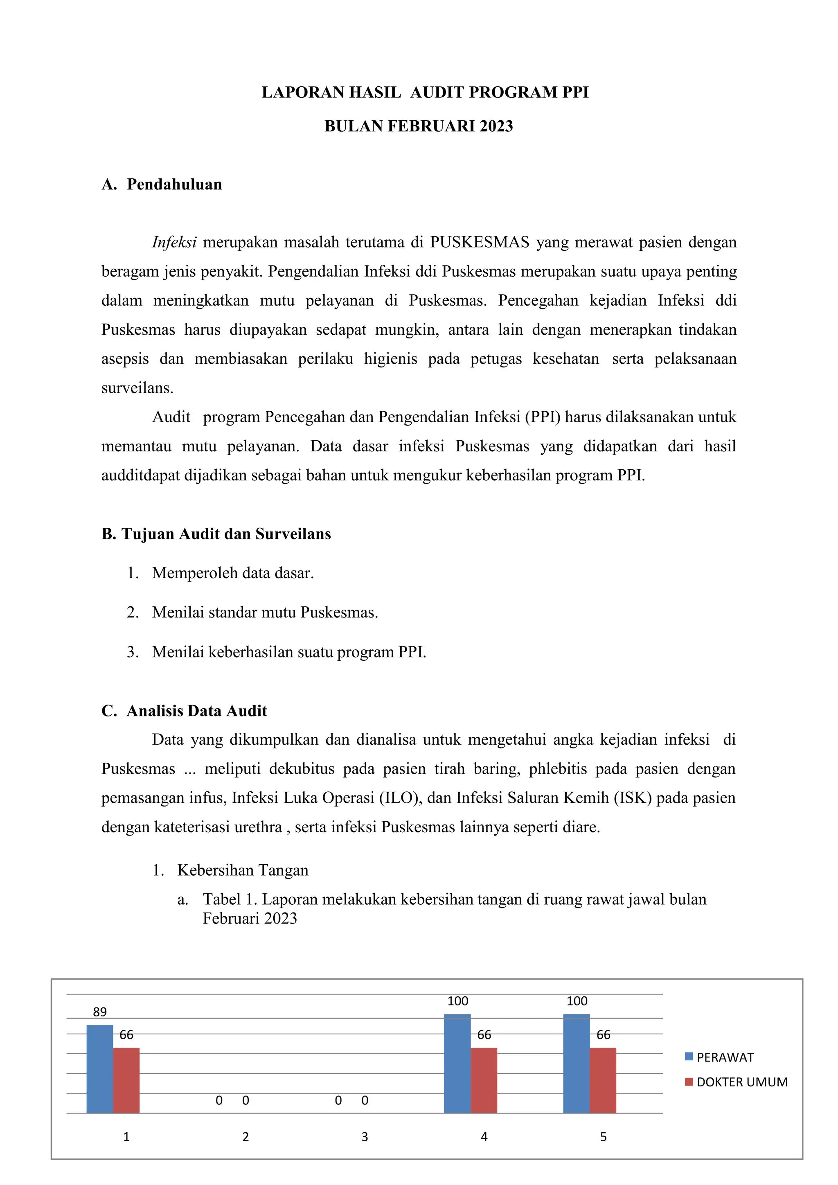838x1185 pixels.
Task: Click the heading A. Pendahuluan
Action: click(x=162, y=184)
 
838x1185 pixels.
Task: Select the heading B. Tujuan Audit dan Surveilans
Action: click(x=216, y=534)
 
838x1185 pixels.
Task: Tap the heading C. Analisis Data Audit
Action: click(x=184, y=711)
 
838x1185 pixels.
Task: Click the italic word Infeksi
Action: click(x=174, y=242)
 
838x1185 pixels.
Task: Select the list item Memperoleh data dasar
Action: click(x=233, y=573)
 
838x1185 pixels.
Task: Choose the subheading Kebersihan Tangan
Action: click(x=243, y=870)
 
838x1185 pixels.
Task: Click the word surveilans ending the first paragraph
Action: click(x=137, y=388)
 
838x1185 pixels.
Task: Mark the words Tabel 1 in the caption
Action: click(x=230, y=899)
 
